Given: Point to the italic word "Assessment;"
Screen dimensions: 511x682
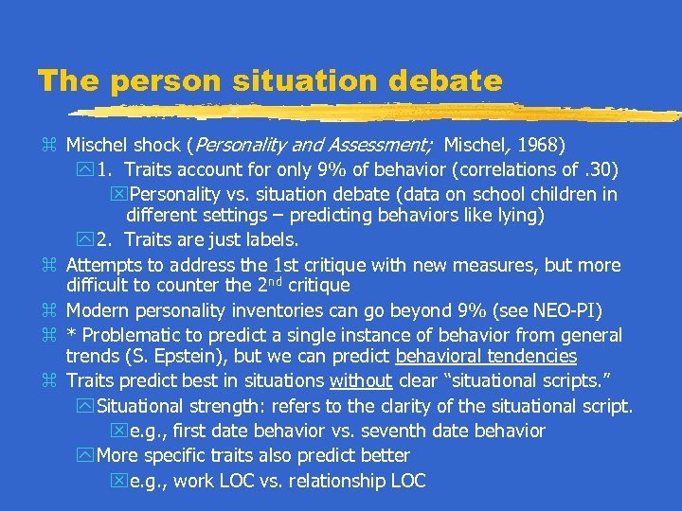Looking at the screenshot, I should coord(386,146).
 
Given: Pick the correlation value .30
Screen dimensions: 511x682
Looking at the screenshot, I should coord(601,170).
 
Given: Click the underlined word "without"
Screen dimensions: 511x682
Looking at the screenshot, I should coord(360,381).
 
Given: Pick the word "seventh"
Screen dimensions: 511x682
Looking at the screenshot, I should coord(404,431).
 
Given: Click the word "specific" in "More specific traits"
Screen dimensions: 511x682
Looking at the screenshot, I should coord(180,455).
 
